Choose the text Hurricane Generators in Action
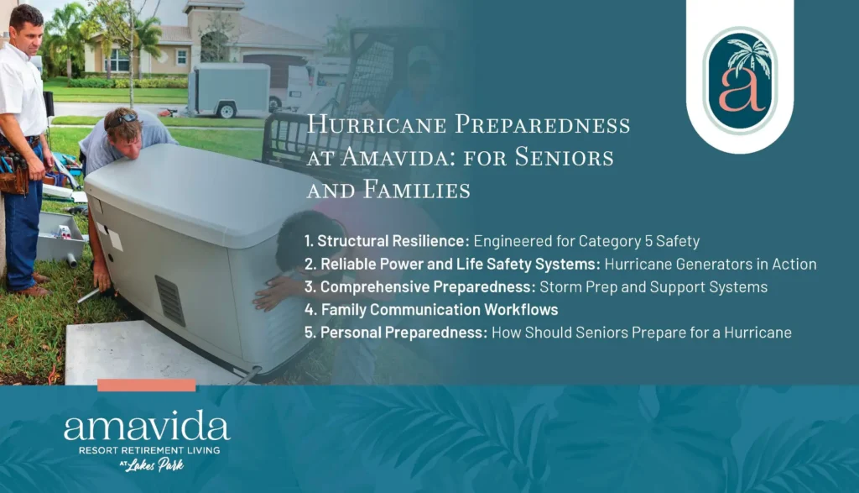click(710, 264)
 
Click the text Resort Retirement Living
click(147, 449)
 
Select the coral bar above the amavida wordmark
click(146, 385)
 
